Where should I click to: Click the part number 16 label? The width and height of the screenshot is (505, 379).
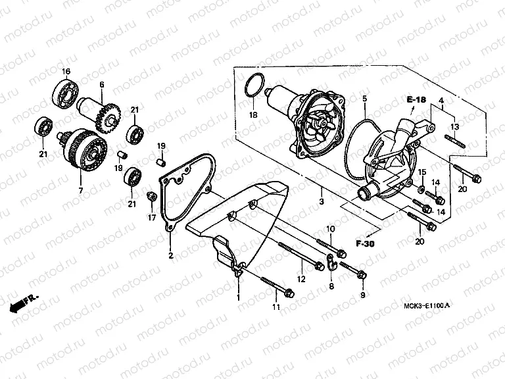coord(66,71)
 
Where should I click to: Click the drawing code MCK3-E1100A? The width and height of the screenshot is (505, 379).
coord(425,307)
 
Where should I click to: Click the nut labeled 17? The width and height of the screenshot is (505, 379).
coord(150,195)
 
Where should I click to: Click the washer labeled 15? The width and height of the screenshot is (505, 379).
coord(420,190)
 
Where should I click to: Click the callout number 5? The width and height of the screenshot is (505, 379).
coord(363,99)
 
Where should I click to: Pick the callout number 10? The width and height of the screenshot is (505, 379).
coord(331,228)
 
